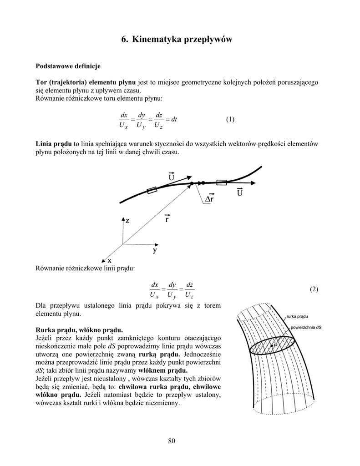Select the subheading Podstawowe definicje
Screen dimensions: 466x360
pyautogui.click(x=68, y=66)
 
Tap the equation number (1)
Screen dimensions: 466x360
pyautogui.click(x=230, y=120)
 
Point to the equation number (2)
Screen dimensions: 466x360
pyautogui.click(x=314, y=289)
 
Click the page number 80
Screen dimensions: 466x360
pyautogui.click(x=171, y=440)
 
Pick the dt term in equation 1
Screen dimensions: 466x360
pyautogui.click(x=173, y=120)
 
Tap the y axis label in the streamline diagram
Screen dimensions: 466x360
pyautogui.click(x=155, y=250)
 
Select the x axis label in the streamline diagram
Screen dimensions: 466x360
pyautogui.click(x=109, y=260)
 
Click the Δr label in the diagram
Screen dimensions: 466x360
pyautogui.click(x=210, y=199)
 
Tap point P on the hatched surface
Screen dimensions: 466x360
pyautogui.click(x=274, y=347)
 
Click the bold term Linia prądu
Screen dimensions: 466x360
pyautogui.click(x=54, y=144)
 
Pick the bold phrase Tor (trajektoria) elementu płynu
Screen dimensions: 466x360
pyautogui.click(x=86, y=82)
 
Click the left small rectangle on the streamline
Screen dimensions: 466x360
pyautogui.click(x=152, y=190)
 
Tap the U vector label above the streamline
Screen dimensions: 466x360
pyautogui.click(x=171, y=177)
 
